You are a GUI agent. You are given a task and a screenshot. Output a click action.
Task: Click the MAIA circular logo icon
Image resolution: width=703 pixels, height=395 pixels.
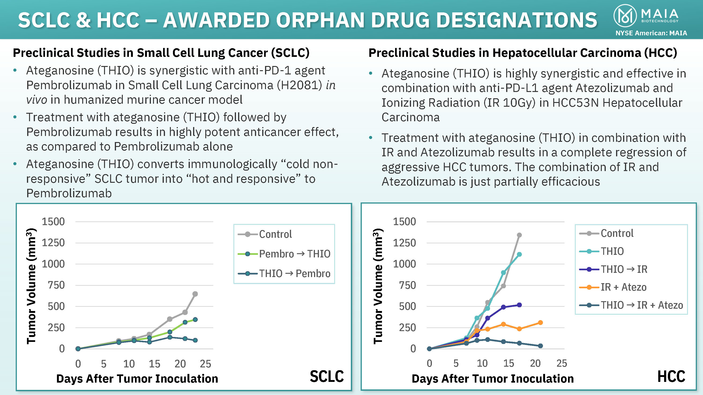[x=625, y=16]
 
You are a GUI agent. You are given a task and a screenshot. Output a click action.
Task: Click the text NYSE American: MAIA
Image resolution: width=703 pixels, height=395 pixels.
[x=651, y=33]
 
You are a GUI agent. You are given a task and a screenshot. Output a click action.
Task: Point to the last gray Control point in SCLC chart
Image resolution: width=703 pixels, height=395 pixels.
[x=195, y=294]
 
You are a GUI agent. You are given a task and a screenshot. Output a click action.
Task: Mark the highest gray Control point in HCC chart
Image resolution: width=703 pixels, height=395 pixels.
[x=519, y=235]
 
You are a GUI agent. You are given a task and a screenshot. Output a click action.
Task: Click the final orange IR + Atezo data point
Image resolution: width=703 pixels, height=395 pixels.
[x=540, y=322]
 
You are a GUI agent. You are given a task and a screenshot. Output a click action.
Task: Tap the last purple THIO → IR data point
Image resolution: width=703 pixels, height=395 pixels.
[x=519, y=305]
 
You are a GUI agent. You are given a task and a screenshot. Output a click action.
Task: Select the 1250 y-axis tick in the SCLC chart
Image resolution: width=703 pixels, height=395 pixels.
[x=53, y=243]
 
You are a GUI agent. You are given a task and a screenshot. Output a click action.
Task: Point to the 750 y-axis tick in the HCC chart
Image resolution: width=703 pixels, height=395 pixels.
[x=407, y=285]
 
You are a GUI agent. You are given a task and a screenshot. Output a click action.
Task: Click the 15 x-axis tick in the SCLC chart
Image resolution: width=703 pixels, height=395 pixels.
[x=154, y=364]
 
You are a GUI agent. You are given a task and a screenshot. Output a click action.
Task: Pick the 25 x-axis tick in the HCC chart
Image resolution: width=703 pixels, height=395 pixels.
[x=562, y=363]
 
